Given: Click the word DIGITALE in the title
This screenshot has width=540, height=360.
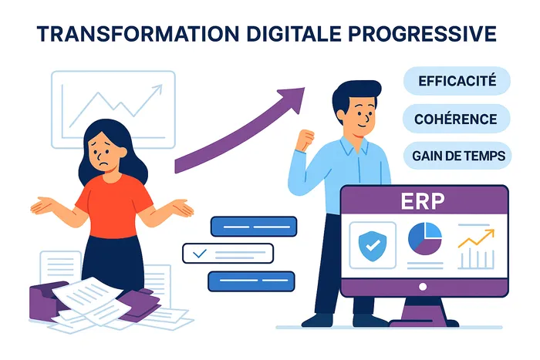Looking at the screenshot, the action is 294,33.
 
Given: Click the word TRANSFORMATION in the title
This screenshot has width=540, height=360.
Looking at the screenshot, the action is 138,33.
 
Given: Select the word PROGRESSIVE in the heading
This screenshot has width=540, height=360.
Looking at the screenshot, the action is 422,33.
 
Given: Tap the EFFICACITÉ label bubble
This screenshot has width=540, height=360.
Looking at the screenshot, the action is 457,81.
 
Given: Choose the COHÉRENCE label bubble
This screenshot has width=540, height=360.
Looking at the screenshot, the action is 456,119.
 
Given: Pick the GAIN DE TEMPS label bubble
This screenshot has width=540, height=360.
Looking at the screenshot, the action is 457,156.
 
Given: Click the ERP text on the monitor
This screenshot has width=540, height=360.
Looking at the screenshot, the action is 423,200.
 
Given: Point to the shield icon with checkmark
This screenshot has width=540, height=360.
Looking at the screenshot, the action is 373,246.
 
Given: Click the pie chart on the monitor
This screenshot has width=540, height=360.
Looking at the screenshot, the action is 425,238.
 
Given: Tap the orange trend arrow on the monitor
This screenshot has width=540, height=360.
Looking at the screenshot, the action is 477,238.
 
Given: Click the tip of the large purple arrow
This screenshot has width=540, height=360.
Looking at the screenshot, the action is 305,88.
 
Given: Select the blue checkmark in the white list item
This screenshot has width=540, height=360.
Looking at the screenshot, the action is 200,254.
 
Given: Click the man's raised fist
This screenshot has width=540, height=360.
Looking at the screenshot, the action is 305,139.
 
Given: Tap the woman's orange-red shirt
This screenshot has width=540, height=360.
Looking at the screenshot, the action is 114,206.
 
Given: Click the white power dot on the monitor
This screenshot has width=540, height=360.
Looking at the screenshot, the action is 423,287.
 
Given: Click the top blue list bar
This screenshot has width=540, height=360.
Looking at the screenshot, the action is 254,227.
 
